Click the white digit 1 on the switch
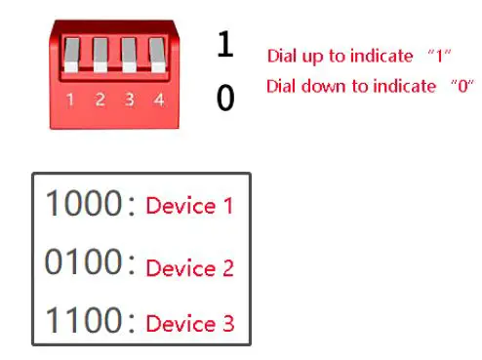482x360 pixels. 70,100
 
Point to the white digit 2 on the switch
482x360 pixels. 100,100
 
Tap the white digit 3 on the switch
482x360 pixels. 130,100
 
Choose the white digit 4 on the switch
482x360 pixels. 158,100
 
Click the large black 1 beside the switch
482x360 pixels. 225,45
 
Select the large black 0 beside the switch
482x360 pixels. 225,98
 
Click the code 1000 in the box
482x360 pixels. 81,204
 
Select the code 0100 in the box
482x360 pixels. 81,262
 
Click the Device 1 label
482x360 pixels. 189,206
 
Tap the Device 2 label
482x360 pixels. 189,267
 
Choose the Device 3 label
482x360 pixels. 189,323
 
